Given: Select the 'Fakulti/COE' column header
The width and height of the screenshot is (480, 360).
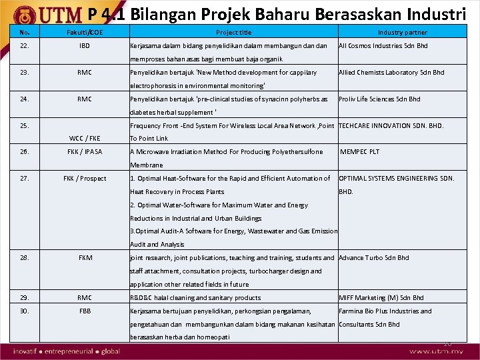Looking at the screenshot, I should [x=84, y=32].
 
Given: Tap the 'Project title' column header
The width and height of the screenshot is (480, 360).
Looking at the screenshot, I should [x=234, y=32].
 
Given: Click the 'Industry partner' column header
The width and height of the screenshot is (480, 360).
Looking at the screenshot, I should [x=402, y=32].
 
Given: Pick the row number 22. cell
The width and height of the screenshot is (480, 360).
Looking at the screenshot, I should [x=25, y=46].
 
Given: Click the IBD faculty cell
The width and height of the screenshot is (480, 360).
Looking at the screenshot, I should [x=84, y=46].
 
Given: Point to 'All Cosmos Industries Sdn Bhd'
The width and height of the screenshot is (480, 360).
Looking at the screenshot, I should [x=383, y=46].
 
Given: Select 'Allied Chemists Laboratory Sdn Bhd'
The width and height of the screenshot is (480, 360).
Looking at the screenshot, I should [x=391, y=73].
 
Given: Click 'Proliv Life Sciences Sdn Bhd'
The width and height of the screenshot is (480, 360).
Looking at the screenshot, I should [x=379, y=99].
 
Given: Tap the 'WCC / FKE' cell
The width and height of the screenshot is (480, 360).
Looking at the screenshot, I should [x=85, y=139].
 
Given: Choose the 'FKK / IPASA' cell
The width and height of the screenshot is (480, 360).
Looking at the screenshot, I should [x=85, y=152].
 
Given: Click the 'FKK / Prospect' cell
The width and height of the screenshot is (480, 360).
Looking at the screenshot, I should [x=85, y=179].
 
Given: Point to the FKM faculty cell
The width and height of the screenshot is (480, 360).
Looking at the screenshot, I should [x=85, y=258].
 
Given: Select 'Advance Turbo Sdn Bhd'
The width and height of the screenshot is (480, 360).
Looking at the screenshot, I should [x=374, y=258].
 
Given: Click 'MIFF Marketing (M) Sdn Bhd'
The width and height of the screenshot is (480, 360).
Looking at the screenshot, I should [x=381, y=298].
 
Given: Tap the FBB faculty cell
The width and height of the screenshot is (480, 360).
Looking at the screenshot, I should [x=85, y=311].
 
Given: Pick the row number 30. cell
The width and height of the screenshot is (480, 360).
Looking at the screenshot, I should [x=25, y=311].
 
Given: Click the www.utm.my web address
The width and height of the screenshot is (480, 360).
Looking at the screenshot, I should [x=436, y=351].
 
